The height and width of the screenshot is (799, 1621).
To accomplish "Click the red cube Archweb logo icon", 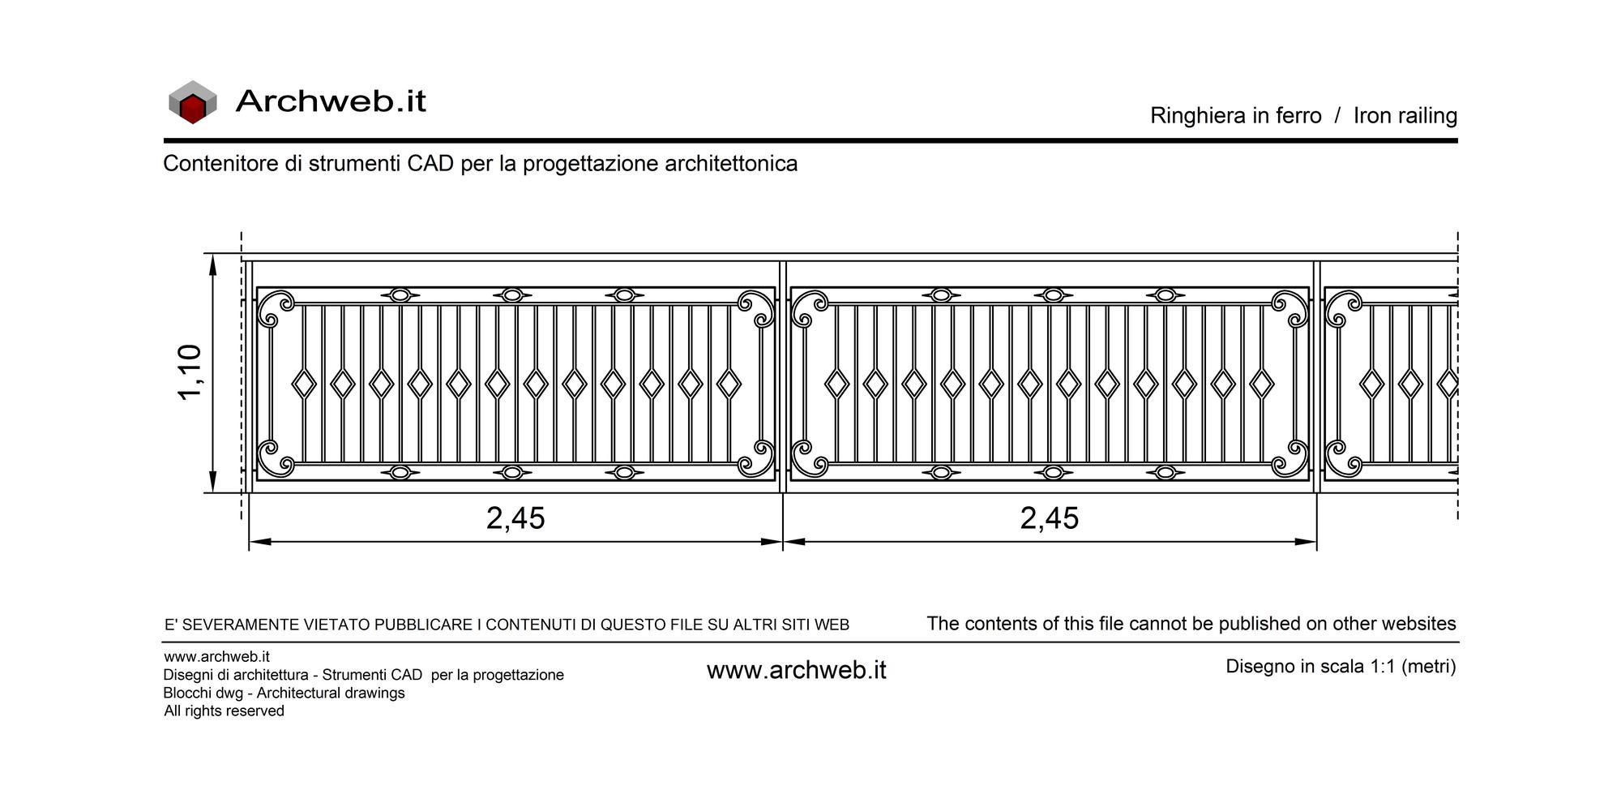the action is pos(192,102).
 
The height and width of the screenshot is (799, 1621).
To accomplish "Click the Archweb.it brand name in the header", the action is pos(331,101).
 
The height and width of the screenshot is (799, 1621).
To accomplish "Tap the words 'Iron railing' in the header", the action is pos(1405,116).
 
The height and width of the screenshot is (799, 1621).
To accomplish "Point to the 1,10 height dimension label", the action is pos(190,372).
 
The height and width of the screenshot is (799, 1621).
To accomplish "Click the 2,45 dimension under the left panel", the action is pos(515,518).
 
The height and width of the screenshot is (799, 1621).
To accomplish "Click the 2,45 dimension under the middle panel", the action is pos(1050,518).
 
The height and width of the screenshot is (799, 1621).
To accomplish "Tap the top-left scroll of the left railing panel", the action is pos(276,308).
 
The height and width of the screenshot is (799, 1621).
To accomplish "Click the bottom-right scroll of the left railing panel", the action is pos(756,458).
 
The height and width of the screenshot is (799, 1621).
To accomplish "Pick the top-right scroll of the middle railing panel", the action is pos(1290,308).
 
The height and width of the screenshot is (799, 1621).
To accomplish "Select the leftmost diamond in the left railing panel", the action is pos(304,384).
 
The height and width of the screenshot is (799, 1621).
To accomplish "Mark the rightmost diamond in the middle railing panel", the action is pos(1261,384).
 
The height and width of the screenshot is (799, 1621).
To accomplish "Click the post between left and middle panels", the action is pos(783,376).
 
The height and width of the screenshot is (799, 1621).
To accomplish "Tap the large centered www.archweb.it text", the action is pos(797,670).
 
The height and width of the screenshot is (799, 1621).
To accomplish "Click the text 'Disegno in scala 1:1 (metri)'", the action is pos(1341,667).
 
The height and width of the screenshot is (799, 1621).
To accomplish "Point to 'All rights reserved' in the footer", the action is pos(225,711).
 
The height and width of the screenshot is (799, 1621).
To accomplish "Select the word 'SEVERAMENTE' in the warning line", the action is pos(240,625).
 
